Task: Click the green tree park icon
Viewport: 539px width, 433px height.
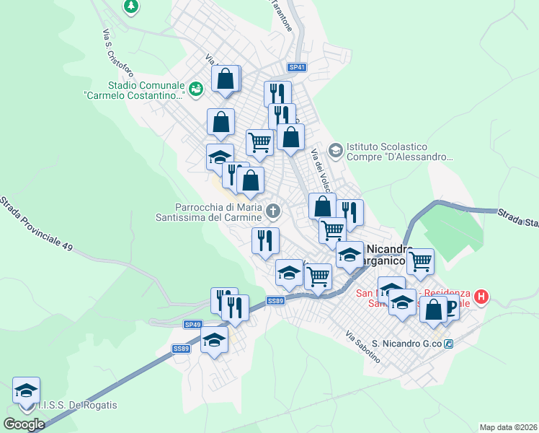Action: pyautogui.click(x=130, y=6)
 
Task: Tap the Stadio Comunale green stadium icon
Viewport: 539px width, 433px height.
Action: pyautogui.click(x=197, y=88)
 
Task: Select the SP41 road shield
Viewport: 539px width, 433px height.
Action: pyautogui.click(x=297, y=67)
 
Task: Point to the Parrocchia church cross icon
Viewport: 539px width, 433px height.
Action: pyautogui.click(x=272, y=211)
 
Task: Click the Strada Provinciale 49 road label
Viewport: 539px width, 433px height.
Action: pyautogui.click(x=36, y=224)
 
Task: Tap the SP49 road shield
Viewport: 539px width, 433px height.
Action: pyautogui.click(x=192, y=325)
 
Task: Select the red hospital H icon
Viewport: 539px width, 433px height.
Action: pyautogui.click(x=481, y=297)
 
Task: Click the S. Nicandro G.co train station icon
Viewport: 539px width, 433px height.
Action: pyautogui.click(x=449, y=344)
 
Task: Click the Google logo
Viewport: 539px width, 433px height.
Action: pyautogui.click(x=24, y=424)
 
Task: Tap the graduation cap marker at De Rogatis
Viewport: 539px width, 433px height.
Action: pyautogui.click(x=27, y=390)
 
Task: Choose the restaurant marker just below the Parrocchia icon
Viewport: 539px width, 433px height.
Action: pyautogui.click(x=265, y=240)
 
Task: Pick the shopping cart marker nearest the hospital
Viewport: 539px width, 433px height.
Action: pyautogui.click(x=420, y=261)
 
